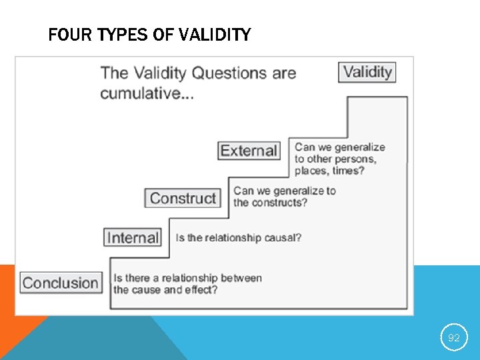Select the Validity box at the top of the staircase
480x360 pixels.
click(x=367, y=72)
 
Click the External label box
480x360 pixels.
click(x=248, y=151)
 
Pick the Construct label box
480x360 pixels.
click(x=183, y=198)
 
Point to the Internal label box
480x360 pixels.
click(x=133, y=237)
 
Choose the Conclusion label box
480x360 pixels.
click(x=61, y=283)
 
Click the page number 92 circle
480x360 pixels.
click(x=453, y=337)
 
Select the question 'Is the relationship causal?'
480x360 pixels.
click(x=238, y=238)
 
